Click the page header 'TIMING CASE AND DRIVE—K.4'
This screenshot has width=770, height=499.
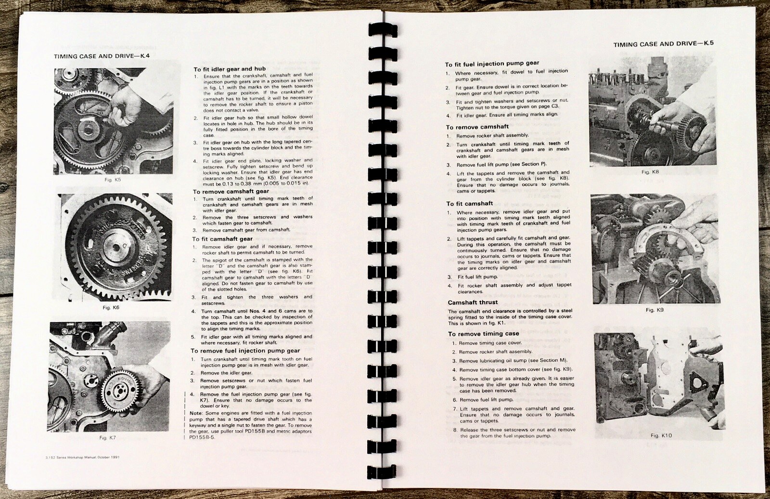pyautogui.click(x=102, y=56)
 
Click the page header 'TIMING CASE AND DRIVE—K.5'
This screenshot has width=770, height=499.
pyautogui.click(x=663, y=44)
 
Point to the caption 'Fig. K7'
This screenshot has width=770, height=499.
pyautogui.click(x=108, y=437)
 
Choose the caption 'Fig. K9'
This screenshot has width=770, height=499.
pyautogui.click(x=654, y=310)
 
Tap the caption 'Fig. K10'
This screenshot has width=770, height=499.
pyautogui.click(x=661, y=435)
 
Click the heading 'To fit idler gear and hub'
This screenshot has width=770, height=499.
pyautogui.click(x=230, y=69)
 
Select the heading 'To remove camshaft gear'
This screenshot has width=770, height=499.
pyautogui.click(x=231, y=191)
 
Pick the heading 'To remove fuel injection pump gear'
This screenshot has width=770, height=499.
pyautogui.click(x=245, y=351)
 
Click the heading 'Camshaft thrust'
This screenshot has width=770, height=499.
pyautogui.click(x=473, y=302)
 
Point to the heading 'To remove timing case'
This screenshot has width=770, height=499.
pyautogui.click(x=483, y=334)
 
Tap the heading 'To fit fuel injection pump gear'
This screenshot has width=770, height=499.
pyautogui.click(x=492, y=64)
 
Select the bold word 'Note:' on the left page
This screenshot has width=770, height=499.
pyautogui.click(x=196, y=413)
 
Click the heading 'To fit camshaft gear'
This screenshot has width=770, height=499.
pyautogui.click(x=222, y=239)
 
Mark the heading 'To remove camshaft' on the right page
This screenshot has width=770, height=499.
pyautogui.click(x=477, y=127)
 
